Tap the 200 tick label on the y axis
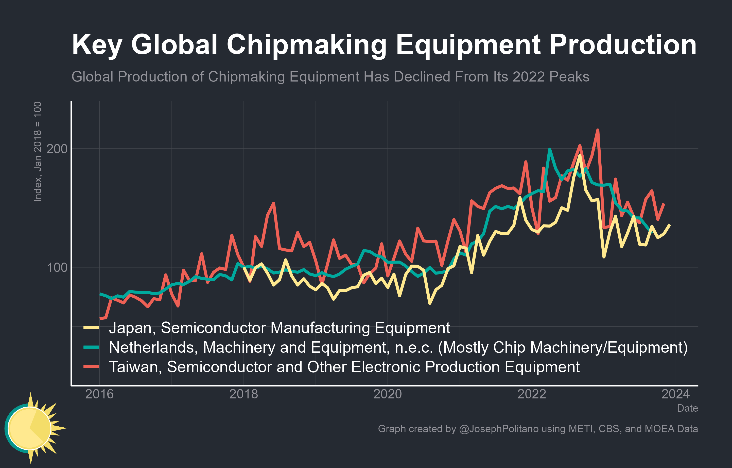(57, 149)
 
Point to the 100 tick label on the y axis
(57, 267)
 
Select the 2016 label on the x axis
(99, 394)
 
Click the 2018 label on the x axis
(243, 394)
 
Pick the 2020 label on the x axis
(388, 394)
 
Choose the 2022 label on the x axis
(532, 394)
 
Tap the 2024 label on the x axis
(675, 394)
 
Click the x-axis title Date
(687, 408)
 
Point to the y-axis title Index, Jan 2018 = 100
(37, 152)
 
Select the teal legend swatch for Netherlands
(92, 347)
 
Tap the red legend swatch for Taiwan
(92, 367)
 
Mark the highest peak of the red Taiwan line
(598, 130)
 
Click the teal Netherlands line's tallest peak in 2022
(550, 149)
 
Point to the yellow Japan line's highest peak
(580, 155)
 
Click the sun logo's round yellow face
(29, 428)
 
